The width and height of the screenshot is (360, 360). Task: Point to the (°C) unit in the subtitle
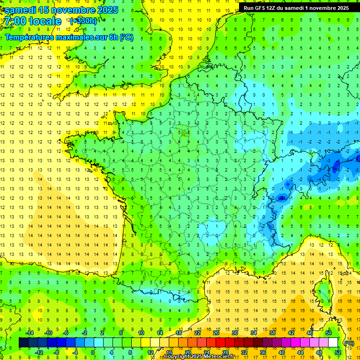coord(127,37)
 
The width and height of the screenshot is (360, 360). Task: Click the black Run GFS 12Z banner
coord(298,7)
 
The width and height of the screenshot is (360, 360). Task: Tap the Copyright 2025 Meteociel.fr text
coord(199,357)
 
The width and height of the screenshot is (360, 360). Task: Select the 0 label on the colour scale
coord(93,352)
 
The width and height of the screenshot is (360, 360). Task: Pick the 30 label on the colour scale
coord(234,332)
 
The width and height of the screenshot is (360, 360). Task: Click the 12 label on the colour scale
coord(150,352)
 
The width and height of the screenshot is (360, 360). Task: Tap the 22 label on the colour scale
coord(197,332)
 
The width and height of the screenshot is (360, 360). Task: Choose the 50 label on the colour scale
coord(328,332)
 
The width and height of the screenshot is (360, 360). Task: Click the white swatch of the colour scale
coord(333,343)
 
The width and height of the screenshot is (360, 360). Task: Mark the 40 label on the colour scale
coord(281,352)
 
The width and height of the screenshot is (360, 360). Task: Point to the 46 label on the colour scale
coord(309,332)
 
